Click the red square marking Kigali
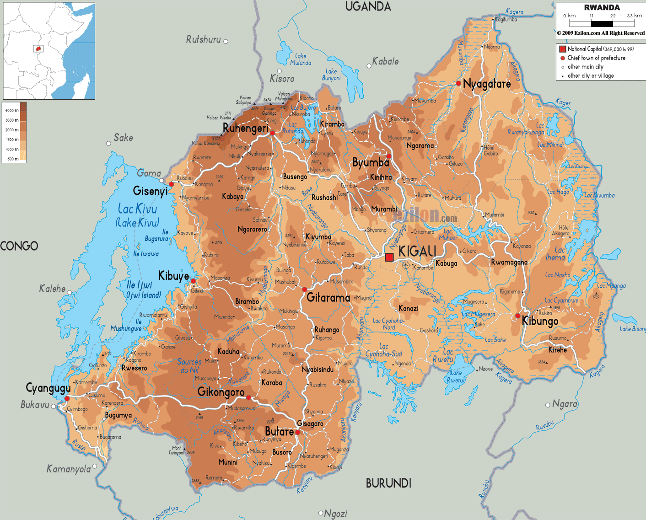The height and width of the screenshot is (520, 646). coord(389,257)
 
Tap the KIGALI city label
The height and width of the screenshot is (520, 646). coord(417,251)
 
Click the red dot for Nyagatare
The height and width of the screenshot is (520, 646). coord(458,83)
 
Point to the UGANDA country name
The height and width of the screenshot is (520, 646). coord(368,6)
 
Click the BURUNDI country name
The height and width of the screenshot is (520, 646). coord(388,483)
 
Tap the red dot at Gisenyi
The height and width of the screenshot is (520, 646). coord(171,184)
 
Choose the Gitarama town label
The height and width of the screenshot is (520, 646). coord(328,298)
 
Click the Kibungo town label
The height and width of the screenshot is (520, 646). coord(540,321)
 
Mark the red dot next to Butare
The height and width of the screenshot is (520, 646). coord(297,432)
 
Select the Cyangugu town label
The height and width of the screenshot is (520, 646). coord(48,388)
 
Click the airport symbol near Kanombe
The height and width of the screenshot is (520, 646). coord(406,265)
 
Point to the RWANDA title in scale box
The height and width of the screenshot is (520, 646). coord(602,7)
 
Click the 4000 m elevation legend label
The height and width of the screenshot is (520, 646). coord(12,110)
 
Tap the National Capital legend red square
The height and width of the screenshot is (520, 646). coord(563,49)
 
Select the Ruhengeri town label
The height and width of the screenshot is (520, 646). coord(245,129)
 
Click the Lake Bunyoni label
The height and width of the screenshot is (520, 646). coord(331,75)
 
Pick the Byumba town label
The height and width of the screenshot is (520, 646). coord(371,162)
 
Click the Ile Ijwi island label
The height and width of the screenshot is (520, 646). coord(139,285)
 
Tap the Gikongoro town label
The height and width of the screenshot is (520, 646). coord(221,392)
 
